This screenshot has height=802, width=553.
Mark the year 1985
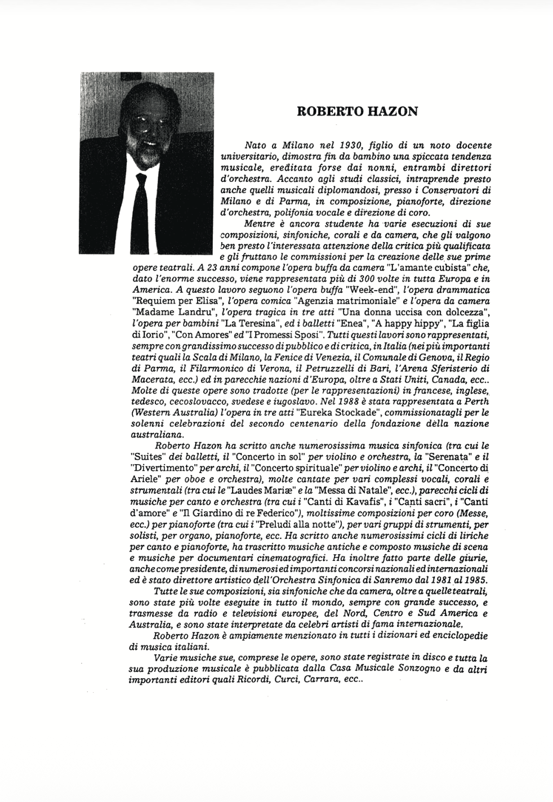[475, 580]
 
